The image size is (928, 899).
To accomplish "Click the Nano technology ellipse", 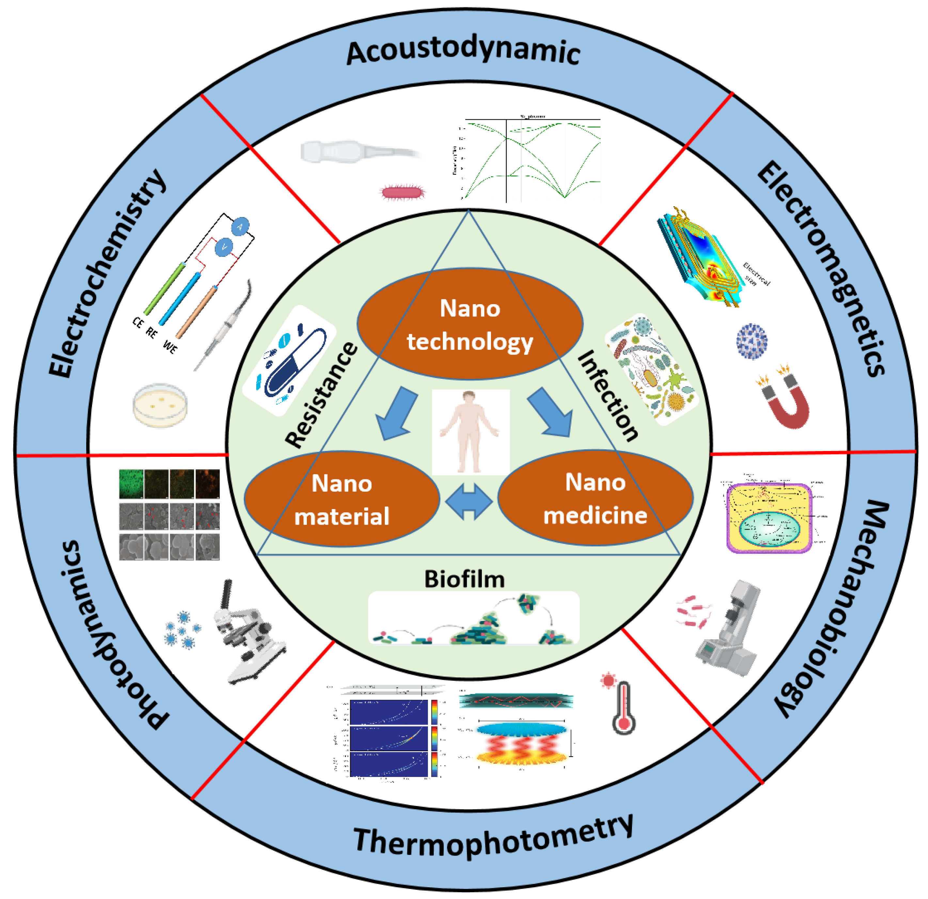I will [x=470, y=324].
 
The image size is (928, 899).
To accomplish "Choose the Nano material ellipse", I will [x=341, y=500].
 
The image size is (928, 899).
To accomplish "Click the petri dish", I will [x=160, y=405].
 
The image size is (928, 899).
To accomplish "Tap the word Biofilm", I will [x=464, y=579].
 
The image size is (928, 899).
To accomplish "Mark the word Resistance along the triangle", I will [x=322, y=395].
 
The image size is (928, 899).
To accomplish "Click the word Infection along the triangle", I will [x=607, y=395].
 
